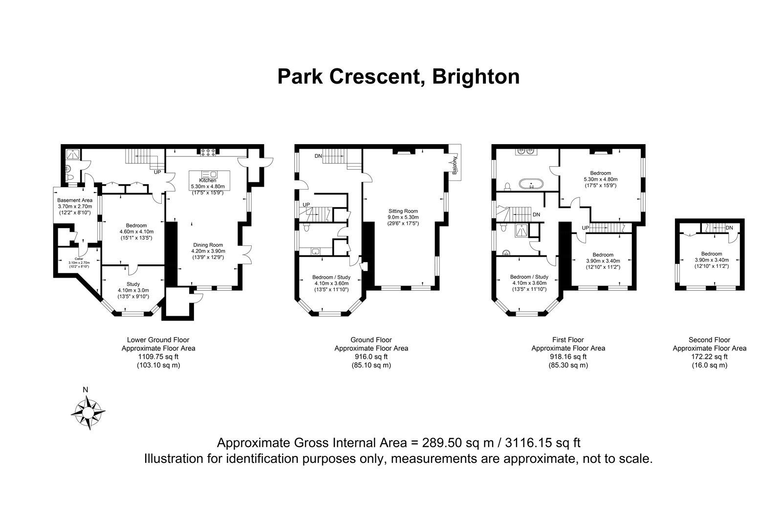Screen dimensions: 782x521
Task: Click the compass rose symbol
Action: [88, 413]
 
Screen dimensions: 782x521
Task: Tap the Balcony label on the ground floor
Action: [455, 165]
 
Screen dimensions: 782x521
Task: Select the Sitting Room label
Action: [403, 211]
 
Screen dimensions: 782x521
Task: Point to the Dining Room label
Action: [208, 245]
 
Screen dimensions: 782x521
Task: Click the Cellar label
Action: [79, 259]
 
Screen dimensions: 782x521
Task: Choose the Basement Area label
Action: [75, 200]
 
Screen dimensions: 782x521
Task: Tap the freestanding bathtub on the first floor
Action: [531, 184]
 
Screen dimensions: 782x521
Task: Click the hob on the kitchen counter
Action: [208, 152]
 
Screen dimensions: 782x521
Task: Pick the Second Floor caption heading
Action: [709, 340]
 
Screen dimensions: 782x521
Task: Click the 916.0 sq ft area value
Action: [371, 357]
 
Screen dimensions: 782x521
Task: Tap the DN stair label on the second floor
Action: [729, 228]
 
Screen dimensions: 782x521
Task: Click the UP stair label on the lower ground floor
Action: [157, 172]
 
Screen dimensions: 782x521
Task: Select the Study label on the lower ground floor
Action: [133, 284]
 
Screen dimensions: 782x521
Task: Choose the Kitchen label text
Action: [208, 180]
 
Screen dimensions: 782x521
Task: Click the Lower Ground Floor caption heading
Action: [158, 340]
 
